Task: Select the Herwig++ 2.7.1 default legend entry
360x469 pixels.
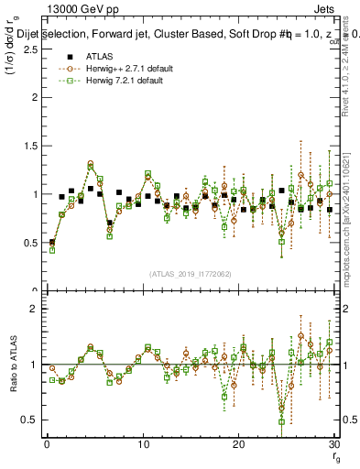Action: [119, 69]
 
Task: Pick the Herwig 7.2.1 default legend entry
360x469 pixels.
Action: [117, 81]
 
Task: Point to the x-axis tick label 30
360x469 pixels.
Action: [333, 444]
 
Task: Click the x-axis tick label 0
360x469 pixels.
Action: [47, 444]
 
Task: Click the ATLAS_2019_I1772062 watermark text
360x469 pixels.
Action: [190, 273]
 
